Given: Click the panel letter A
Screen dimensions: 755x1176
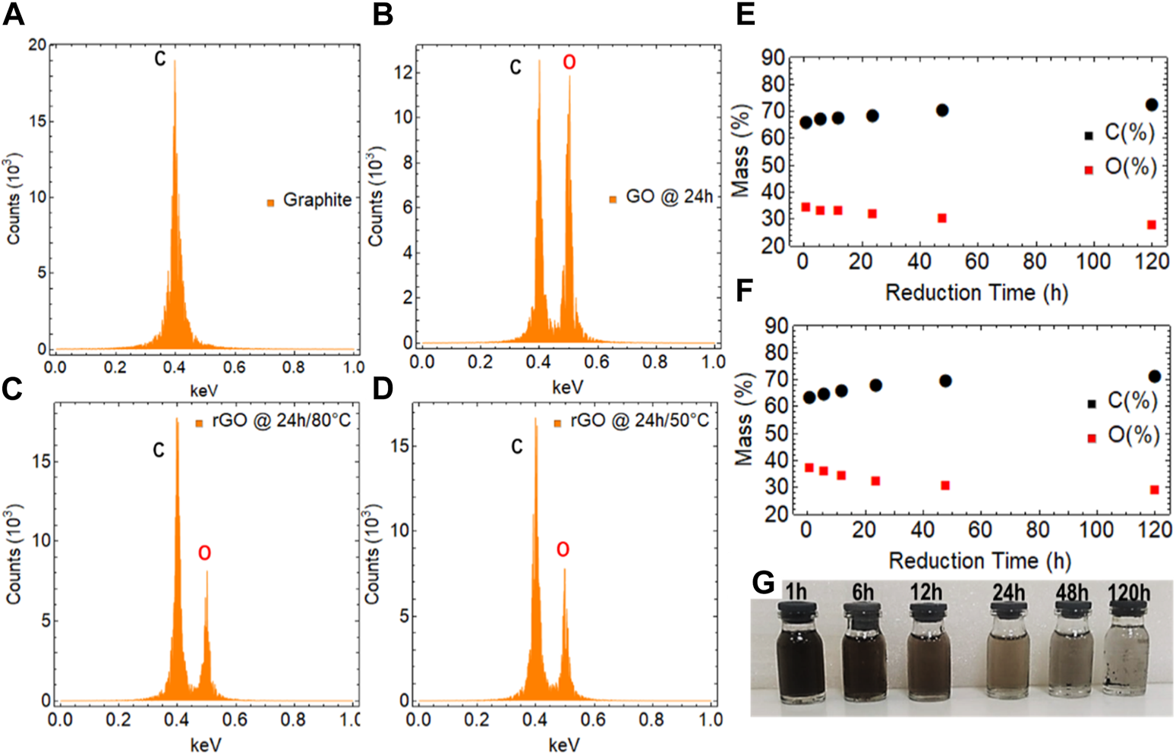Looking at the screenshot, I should [14, 14].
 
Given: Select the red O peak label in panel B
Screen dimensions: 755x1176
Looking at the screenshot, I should [569, 63].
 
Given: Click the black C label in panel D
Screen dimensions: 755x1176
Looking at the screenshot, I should [517, 447].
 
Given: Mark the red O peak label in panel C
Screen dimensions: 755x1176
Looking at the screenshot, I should [204, 554].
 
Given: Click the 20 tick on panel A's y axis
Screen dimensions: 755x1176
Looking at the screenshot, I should [37, 46].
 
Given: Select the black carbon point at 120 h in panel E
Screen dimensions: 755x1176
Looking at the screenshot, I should [1152, 105].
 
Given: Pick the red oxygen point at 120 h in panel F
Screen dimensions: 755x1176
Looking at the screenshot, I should [1154, 490].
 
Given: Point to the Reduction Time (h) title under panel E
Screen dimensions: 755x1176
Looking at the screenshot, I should [976, 293].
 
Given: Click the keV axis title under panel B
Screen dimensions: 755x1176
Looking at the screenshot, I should [567, 388].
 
